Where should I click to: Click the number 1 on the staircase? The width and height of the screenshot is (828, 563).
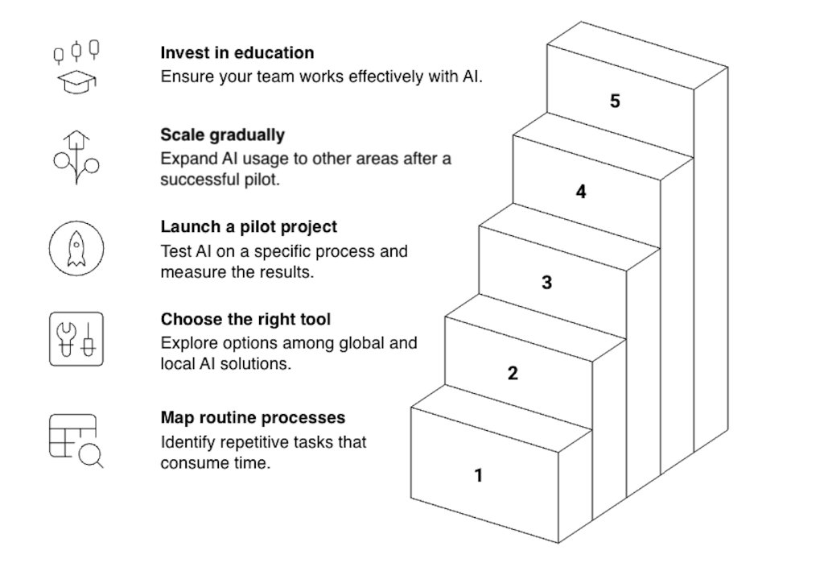(x=478, y=475)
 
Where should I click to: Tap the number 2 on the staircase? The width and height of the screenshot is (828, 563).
(x=513, y=373)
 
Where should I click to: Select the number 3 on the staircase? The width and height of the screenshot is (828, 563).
(x=546, y=283)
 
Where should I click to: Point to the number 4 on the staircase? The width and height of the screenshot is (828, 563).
(x=581, y=192)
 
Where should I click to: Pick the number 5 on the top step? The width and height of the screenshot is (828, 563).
(x=615, y=101)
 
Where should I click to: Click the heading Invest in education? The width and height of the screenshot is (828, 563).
(x=237, y=53)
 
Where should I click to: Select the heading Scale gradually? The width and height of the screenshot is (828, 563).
(x=222, y=135)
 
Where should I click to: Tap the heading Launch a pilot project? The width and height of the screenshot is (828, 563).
(x=249, y=227)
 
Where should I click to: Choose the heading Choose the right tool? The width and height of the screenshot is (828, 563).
(x=245, y=319)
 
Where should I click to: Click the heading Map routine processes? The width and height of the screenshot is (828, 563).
(x=253, y=417)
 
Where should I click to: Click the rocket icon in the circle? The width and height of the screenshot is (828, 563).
(x=76, y=248)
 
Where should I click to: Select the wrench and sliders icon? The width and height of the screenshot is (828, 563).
(x=76, y=339)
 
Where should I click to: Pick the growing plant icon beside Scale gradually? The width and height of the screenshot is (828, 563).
(x=76, y=157)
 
